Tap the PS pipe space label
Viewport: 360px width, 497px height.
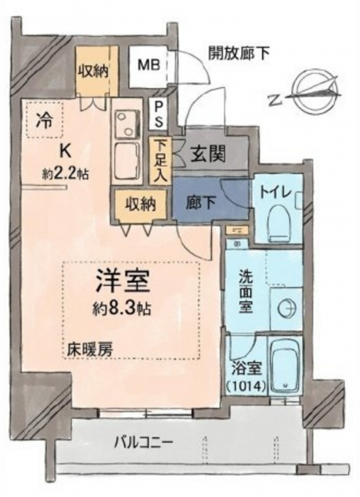(x=158, y=113)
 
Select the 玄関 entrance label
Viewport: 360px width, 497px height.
(x=209, y=155)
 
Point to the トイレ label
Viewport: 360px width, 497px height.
(x=275, y=192)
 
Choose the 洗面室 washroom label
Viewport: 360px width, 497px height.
(x=246, y=292)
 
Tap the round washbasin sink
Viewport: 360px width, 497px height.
(x=286, y=307)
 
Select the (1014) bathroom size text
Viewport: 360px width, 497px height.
(x=246, y=386)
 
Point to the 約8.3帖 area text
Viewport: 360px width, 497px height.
(x=121, y=307)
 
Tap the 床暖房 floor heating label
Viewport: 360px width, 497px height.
(x=90, y=349)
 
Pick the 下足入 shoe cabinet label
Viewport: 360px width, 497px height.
(x=160, y=160)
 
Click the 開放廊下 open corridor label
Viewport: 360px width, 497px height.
(x=239, y=54)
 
